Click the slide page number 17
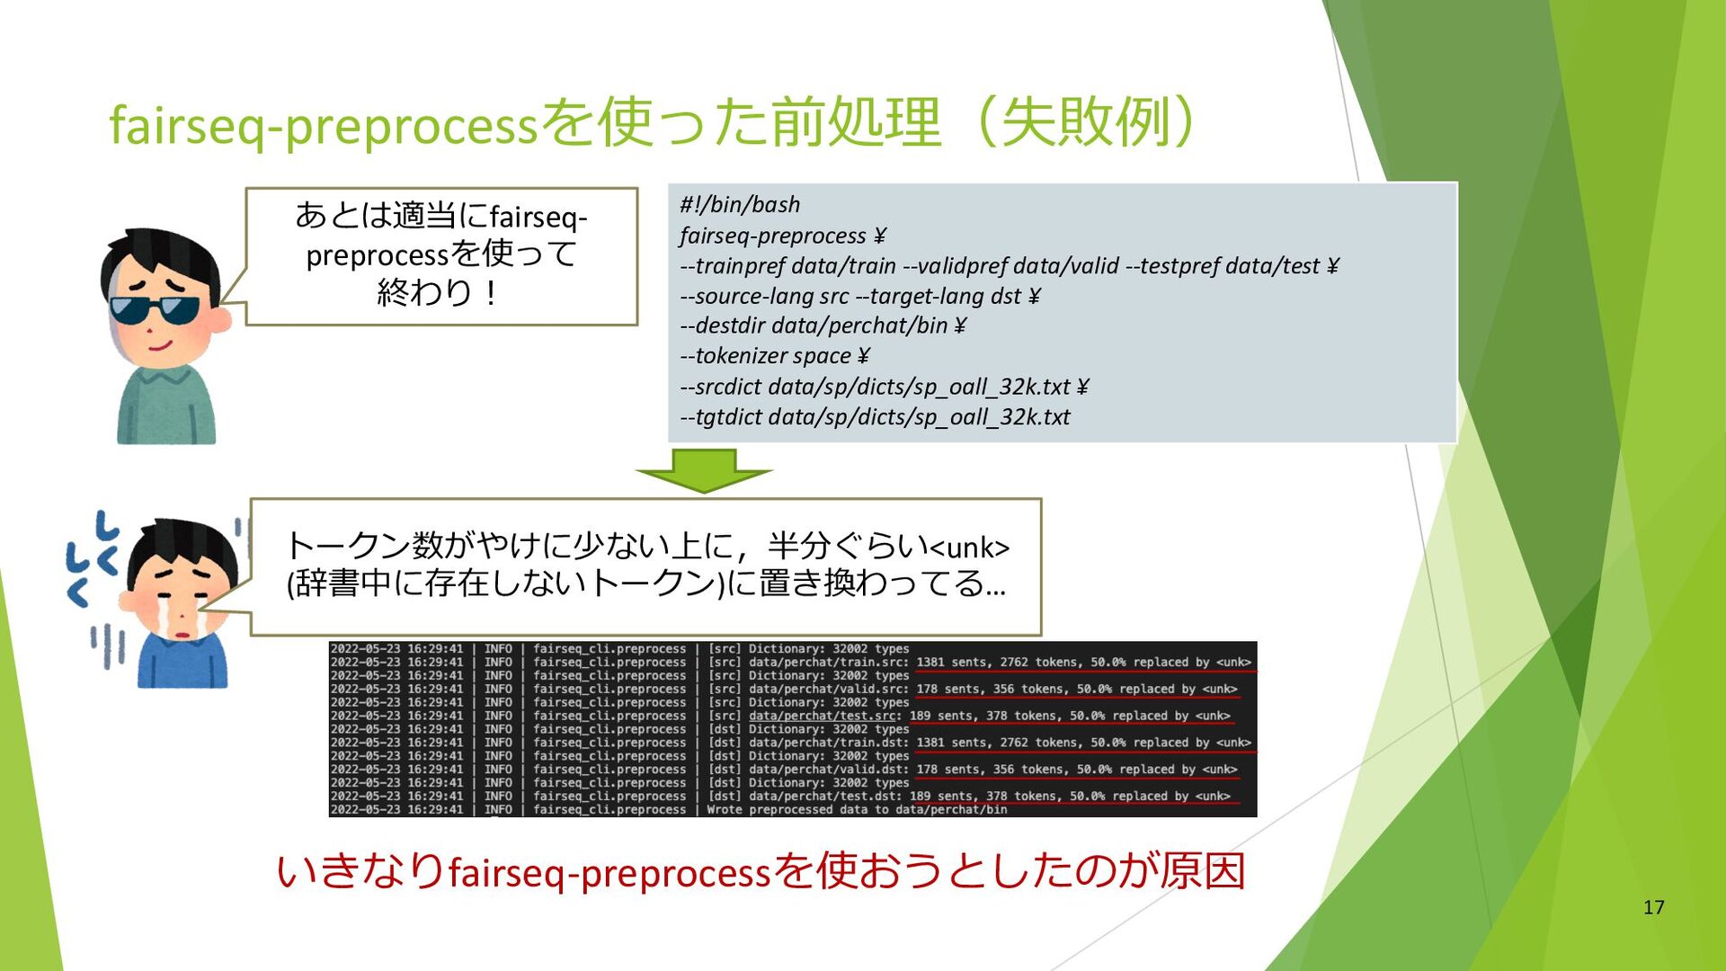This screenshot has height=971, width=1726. tap(1654, 907)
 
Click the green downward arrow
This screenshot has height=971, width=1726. tap(703, 470)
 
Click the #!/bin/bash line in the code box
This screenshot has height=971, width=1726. tap(740, 205)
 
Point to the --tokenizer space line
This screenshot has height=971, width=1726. tap(775, 356)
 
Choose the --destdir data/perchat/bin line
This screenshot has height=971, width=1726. tap(823, 325)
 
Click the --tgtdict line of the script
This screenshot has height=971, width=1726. tap(875, 417)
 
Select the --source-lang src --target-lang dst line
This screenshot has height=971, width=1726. tap(860, 296)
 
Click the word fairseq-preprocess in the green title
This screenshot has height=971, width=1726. tap(323, 125)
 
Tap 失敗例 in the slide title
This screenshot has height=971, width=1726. tap(1086, 122)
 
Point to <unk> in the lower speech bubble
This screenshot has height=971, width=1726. tap(969, 547)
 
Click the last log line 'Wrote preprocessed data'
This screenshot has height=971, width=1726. tap(857, 810)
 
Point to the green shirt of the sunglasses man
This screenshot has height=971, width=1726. tap(166, 404)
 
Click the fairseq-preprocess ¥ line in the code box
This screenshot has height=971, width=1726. tap(783, 236)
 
